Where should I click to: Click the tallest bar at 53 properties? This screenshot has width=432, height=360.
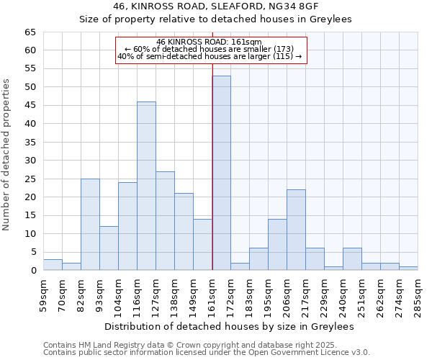point(221,173)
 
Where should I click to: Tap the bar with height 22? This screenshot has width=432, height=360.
point(296,230)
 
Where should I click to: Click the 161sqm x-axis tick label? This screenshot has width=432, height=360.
point(212,294)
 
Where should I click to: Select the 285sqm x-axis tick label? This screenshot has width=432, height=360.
point(418,294)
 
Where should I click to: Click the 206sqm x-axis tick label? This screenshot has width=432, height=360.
point(287,294)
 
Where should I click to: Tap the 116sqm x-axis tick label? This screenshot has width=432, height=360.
point(137,294)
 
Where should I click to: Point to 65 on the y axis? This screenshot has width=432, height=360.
point(30,32)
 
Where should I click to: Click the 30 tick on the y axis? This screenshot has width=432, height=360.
point(30,161)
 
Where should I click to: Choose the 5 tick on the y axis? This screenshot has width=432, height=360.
point(32,252)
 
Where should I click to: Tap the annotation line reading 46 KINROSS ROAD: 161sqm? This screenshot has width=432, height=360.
point(211,42)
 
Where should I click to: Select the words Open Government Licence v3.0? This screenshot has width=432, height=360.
point(319,352)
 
